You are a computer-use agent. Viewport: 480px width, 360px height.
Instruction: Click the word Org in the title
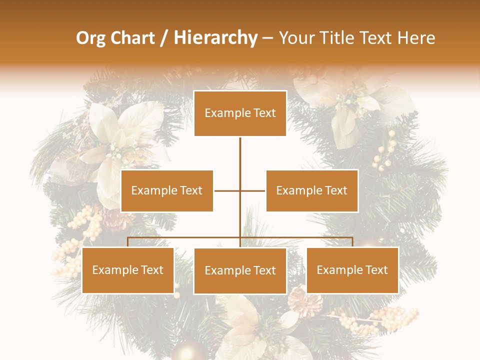(x=90, y=38)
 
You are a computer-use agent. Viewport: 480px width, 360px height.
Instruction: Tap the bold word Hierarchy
(x=215, y=38)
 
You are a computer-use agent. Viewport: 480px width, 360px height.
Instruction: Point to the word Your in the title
(x=296, y=38)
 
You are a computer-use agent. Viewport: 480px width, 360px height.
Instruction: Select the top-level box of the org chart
(x=240, y=113)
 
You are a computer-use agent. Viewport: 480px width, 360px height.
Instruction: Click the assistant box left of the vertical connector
(x=167, y=190)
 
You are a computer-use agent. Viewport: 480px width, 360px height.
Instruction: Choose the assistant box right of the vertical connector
(x=312, y=190)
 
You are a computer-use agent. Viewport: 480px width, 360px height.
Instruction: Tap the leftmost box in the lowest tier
(x=128, y=270)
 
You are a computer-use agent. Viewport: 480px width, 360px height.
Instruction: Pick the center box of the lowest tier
(x=240, y=270)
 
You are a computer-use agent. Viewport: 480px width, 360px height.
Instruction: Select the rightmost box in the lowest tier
(x=352, y=270)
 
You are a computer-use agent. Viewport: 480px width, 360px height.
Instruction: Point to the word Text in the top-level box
(x=265, y=113)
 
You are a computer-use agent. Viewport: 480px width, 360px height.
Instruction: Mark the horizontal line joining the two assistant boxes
(x=227, y=190)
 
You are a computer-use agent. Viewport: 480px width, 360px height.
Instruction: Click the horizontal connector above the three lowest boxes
(x=185, y=238)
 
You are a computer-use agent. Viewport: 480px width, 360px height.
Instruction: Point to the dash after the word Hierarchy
(x=267, y=38)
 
